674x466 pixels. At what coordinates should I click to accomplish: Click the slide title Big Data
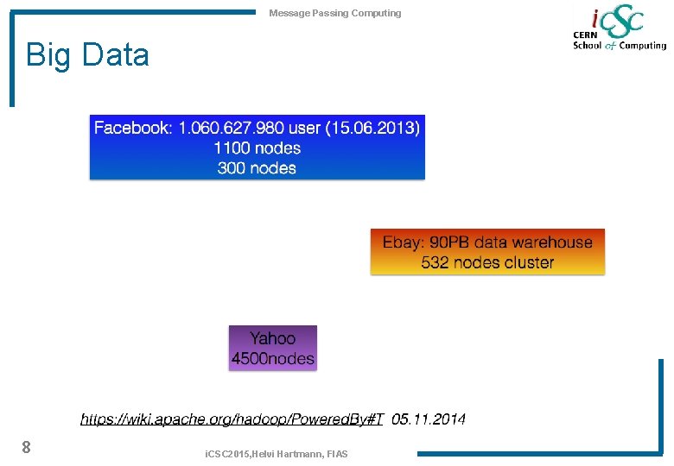click(87, 55)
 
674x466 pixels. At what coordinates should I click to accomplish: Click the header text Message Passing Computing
click(334, 13)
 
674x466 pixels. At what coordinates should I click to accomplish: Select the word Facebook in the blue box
click(132, 128)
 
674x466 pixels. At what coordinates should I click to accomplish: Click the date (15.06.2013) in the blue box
click(374, 128)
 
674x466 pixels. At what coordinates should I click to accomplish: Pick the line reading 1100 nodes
click(257, 148)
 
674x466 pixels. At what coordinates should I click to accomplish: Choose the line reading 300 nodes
click(257, 167)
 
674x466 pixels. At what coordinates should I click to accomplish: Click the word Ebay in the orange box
click(400, 242)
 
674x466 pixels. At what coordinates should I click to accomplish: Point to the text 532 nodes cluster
click(487, 262)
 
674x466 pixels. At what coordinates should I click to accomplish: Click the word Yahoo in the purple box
click(272, 338)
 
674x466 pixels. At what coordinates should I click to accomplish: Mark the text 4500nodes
click(272, 358)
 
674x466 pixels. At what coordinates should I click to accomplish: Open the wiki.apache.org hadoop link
click(232, 419)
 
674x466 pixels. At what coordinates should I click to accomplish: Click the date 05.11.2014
click(429, 419)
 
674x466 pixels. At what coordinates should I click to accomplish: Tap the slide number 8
click(27, 447)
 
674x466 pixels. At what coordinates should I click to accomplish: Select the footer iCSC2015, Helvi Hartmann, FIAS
click(276, 454)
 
